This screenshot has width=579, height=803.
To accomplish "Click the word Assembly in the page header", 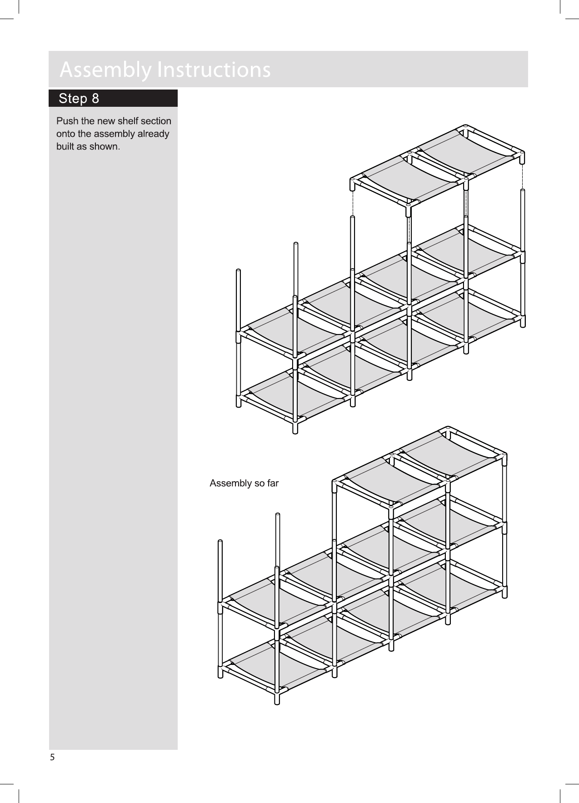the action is (x=105, y=70).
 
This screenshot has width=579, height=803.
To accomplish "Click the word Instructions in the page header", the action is (x=213, y=70).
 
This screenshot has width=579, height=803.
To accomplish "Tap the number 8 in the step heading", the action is (x=95, y=99).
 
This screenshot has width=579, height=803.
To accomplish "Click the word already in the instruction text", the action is (x=153, y=134).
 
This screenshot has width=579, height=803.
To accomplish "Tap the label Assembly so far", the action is (x=244, y=483).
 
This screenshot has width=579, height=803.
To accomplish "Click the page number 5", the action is (x=52, y=757).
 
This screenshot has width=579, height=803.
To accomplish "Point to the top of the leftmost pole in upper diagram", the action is (x=238, y=271).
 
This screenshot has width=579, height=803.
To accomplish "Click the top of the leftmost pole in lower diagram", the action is (x=220, y=542).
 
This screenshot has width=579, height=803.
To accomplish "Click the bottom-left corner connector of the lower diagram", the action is (x=221, y=669).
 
